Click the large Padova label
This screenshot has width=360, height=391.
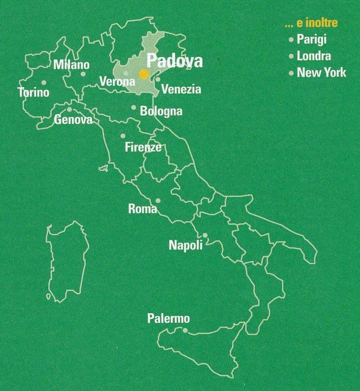point(174,61)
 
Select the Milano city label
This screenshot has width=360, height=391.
point(71,65)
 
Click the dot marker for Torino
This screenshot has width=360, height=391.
point(44,83)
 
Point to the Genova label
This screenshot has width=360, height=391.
point(73,120)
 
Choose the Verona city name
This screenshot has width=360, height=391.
point(117,82)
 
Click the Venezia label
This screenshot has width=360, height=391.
point(181,89)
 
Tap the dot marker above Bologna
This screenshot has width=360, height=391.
point(133,107)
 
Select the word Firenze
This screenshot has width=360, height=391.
point(143,147)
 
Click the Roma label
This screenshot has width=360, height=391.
point(142,208)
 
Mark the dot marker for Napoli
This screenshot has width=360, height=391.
point(205,235)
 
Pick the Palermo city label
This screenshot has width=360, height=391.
point(168,319)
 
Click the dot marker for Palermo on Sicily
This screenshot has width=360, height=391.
point(185,331)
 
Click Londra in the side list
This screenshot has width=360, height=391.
point(314,56)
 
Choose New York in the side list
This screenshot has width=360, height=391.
point(321,72)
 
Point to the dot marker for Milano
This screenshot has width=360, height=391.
point(83,74)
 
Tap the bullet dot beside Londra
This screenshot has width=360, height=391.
point(291,56)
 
